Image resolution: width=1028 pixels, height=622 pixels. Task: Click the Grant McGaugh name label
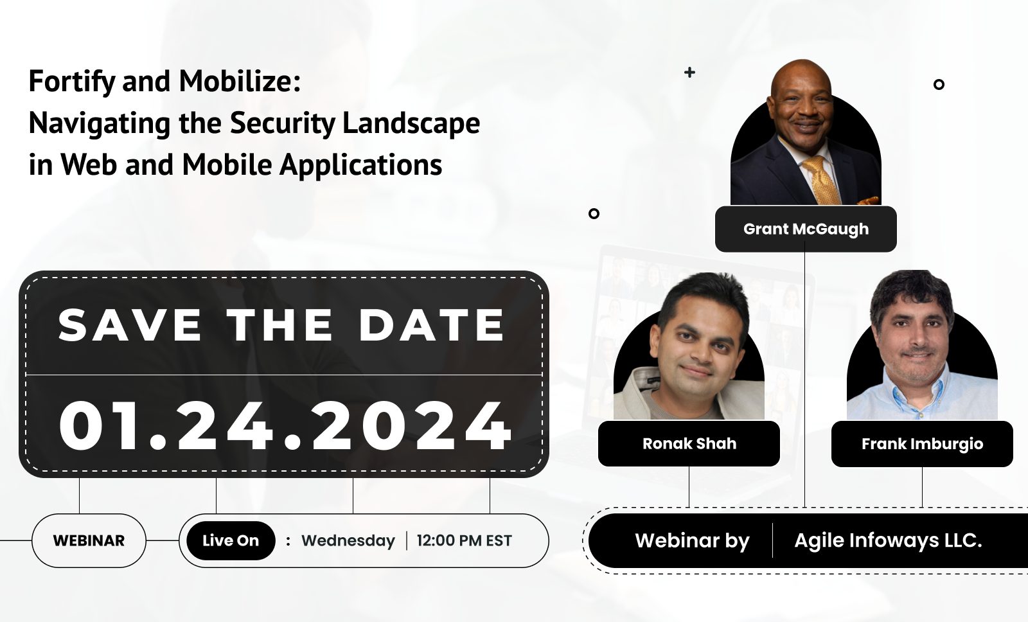(806, 229)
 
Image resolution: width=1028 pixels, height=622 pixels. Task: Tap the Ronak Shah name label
(689, 443)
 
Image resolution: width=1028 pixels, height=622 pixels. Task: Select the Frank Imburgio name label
(922, 444)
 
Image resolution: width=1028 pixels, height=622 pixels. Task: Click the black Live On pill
(231, 540)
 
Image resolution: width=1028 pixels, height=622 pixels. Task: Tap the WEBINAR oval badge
(89, 540)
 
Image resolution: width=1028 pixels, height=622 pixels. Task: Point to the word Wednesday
(348, 541)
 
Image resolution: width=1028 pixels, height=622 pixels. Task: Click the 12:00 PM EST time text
(464, 540)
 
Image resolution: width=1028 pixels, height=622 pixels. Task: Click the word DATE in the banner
(431, 325)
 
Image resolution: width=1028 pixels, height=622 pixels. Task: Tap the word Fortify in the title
(72, 82)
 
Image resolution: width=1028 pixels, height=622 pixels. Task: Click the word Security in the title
(282, 123)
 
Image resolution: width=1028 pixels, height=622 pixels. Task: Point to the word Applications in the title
(360, 165)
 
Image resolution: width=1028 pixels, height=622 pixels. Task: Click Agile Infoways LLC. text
(888, 541)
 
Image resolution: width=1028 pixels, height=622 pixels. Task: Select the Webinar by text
(692, 541)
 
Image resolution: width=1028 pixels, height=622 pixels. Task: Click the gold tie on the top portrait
(822, 180)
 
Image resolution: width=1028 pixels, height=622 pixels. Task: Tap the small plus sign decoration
(689, 72)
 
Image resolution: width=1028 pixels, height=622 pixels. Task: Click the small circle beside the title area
(594, 213)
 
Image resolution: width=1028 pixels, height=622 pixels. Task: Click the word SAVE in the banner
(129, 325)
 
